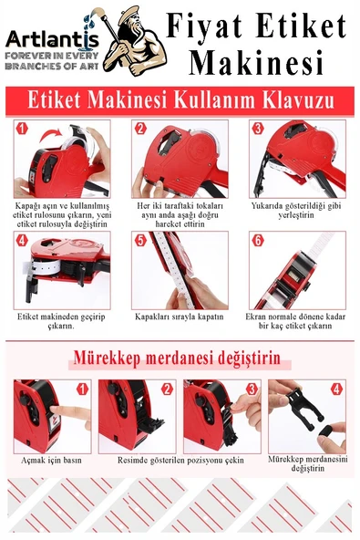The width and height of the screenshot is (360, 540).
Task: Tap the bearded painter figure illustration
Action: coord(134,41)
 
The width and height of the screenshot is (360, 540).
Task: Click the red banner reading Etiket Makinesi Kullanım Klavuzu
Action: coord(180,99)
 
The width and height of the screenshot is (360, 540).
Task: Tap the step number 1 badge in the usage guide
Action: coord(23,129)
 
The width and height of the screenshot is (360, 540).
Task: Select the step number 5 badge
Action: coord(140,241)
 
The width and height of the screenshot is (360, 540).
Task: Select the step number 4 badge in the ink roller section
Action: coord(336,389)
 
